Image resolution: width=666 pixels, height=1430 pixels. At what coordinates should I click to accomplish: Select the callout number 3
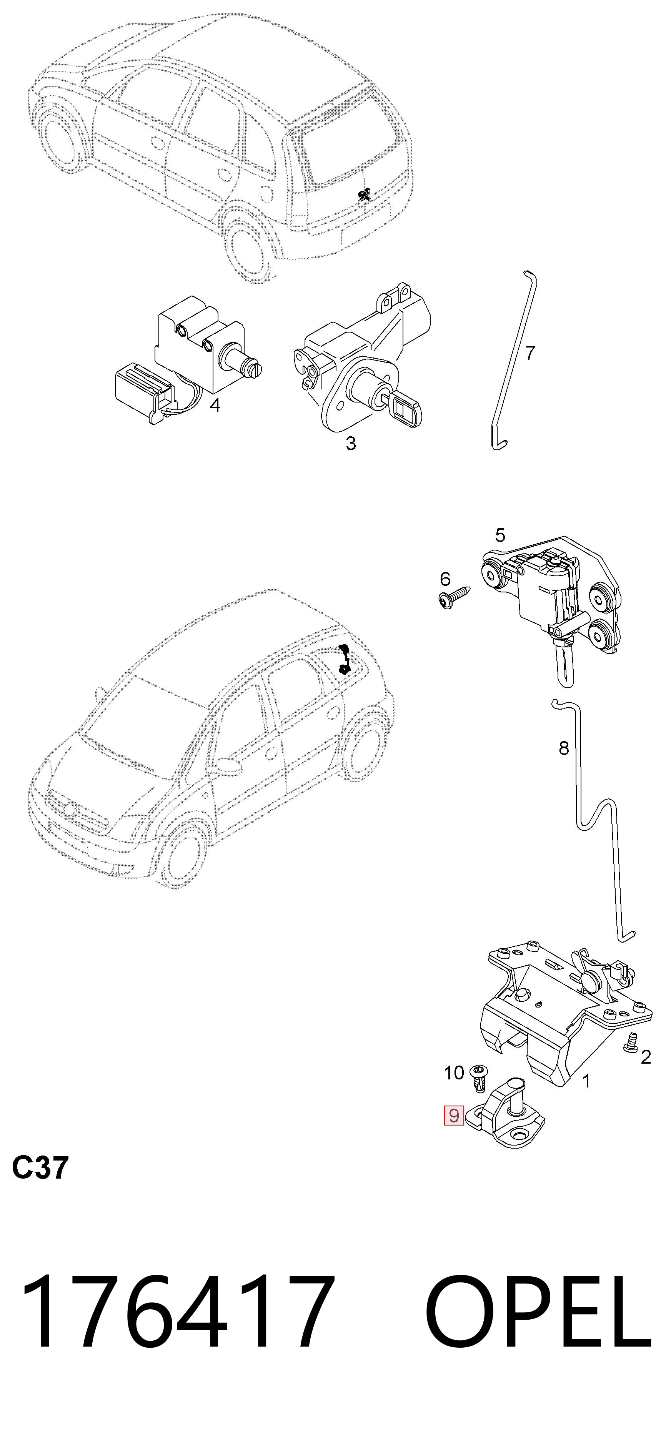tap(351, 444)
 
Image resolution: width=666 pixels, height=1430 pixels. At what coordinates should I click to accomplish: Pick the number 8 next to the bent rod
tap(564, 748)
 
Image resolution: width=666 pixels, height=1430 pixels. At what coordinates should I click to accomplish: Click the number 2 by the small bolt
tap(646, 1058)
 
